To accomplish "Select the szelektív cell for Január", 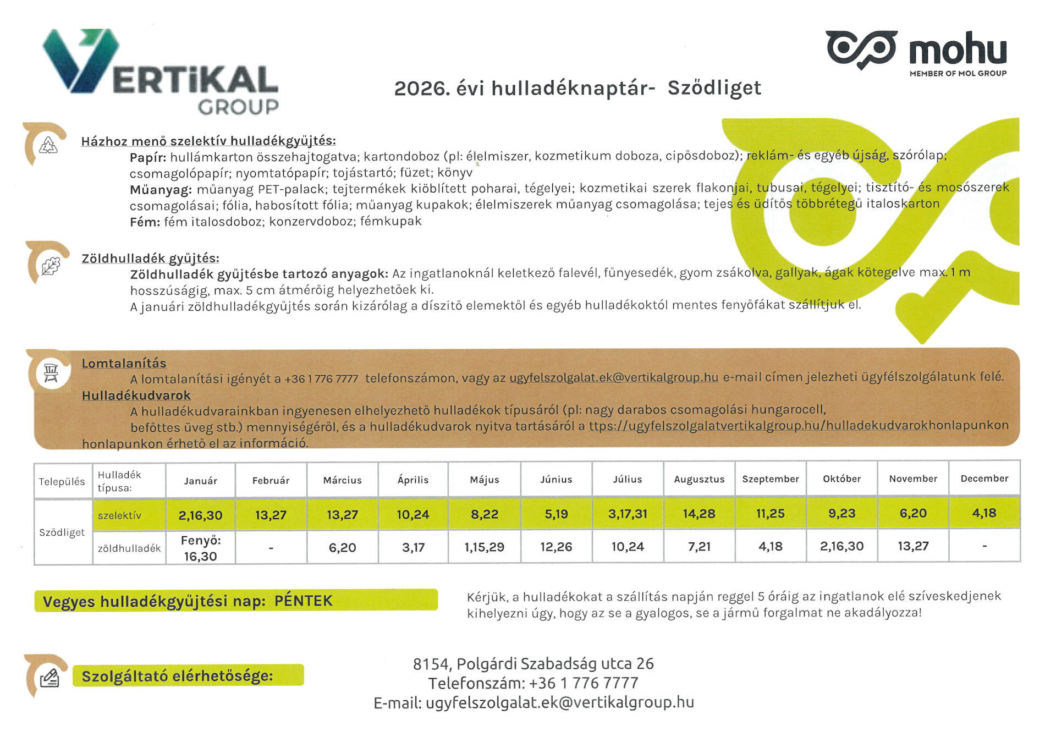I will click(x=200, y=515).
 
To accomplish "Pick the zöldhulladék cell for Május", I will click(x=484, y=547).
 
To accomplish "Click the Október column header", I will click(x=842, y=479).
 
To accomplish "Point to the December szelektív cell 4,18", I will click(x=984, y=513).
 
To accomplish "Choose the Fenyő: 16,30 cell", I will click(x=200, y=548).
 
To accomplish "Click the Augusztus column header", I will click(x=699, y=480).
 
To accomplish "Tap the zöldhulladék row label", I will click(x=129, y=548).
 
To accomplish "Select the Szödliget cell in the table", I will click(x=62, y=532).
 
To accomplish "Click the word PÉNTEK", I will click(x=304, y=601).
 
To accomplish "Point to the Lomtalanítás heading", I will click(x=124, y=364).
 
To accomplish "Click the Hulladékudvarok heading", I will click(x=136, y=395).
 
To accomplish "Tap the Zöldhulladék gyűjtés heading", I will click(x=150, y=259).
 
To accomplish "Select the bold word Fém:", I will click(x=145, y=222).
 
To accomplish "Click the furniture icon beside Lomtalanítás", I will click(x=51, y=372).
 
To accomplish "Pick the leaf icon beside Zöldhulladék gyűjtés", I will click(x=51, y=267).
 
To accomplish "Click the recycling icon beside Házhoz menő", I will click(x=48, y=145).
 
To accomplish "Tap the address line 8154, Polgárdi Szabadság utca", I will click(x=533, y=664).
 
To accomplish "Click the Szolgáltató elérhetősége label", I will click(x=177, y=676).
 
